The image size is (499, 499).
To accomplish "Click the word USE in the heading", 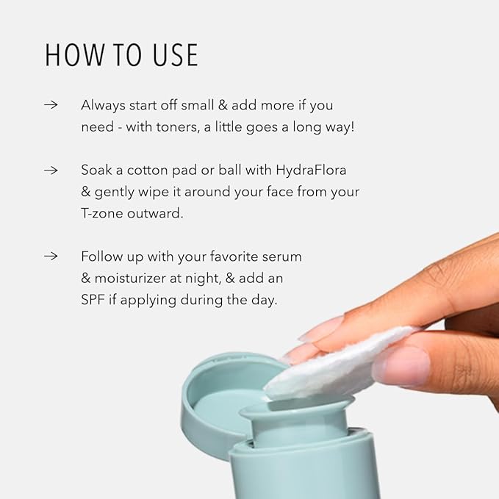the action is [176, 55].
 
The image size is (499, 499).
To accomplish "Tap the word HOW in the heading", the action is [74, 55].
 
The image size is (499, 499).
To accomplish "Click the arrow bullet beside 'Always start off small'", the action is [51, 104].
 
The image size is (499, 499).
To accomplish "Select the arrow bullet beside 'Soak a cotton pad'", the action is [51, 170].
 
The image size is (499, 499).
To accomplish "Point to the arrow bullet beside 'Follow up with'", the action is [51, 256].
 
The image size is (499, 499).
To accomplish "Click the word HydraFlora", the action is [311, 170].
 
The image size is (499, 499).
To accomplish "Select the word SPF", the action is [93, 300].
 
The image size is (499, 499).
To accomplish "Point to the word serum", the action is [281, 257].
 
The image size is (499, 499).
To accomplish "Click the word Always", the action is [103, 106].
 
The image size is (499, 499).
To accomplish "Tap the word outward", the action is [155, 213].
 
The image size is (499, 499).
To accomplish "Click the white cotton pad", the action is [337, 366].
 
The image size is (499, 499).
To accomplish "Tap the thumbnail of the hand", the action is [401, 365].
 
